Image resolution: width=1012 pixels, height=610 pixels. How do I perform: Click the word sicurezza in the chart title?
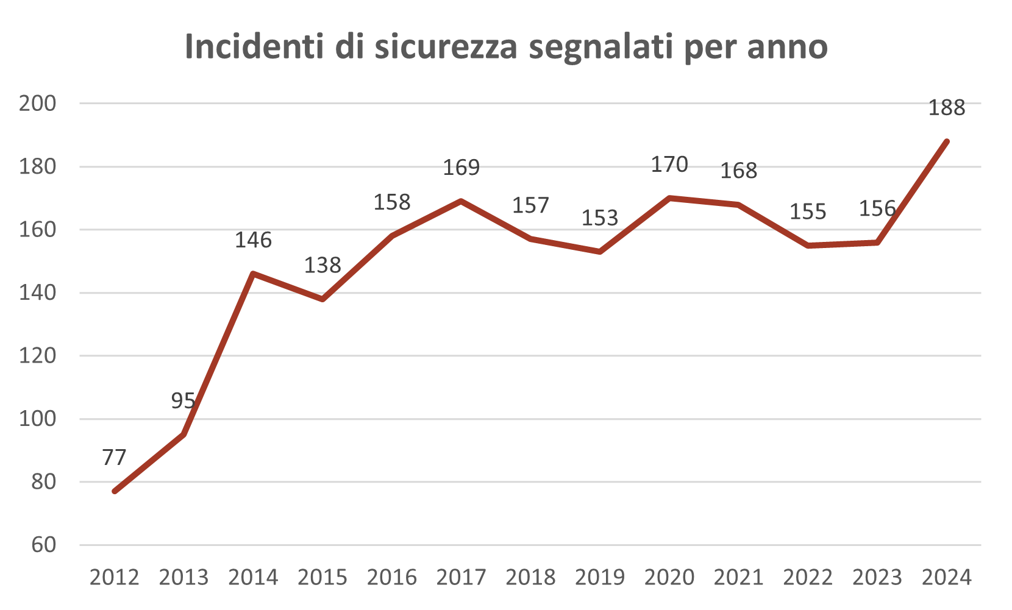click(x=446, y=47)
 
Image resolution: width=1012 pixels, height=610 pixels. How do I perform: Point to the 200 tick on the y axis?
click(x=38, y=104)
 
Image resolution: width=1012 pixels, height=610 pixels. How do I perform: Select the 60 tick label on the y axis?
click(x=43, y=545)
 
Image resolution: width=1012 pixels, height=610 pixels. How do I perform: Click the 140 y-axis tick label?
click(x=38, y=293)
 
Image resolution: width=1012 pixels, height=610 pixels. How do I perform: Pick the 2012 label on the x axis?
click(x=115, y=577)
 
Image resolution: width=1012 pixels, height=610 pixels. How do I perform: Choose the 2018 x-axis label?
click(x=531, y=577)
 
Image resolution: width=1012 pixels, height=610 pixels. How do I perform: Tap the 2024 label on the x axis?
click(x=946, y=577)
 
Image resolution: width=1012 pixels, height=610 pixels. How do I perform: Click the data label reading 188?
click(x=946, y=108)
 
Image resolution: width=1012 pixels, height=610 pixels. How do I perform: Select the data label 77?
click(x=115, y=457)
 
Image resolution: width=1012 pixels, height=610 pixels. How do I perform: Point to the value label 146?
click(x=253, y=240)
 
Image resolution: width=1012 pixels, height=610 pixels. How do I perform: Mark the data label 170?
click(x=669, y=165)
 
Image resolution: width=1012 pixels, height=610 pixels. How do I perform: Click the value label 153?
click(x=600, y=218)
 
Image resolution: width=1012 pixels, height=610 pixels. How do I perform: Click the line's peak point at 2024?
click(x=946, y=141)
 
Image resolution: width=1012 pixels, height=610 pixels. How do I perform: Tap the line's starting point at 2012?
click(x=115, y=491)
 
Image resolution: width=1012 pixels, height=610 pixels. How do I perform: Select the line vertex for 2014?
click(x=253, y=274)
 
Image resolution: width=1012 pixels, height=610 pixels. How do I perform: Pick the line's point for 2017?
click(x=461, y=201)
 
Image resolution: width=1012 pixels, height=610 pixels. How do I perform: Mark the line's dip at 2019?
click(x=600, y=252)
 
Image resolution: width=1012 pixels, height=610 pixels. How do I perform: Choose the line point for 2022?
click(x=808, y=246)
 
